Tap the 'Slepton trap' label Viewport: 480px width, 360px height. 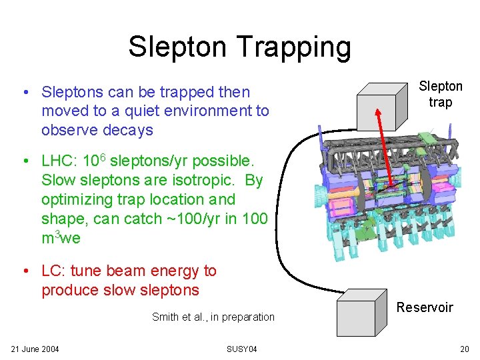point(440,94)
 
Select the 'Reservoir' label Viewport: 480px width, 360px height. point(425,307)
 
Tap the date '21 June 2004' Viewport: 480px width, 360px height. point(35,349)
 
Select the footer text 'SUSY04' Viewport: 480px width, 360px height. point(241,349)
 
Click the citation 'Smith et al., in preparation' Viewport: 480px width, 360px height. point(213,317)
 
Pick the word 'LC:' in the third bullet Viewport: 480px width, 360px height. point(53,271)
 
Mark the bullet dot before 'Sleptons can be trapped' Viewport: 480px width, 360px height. point(24,92)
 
